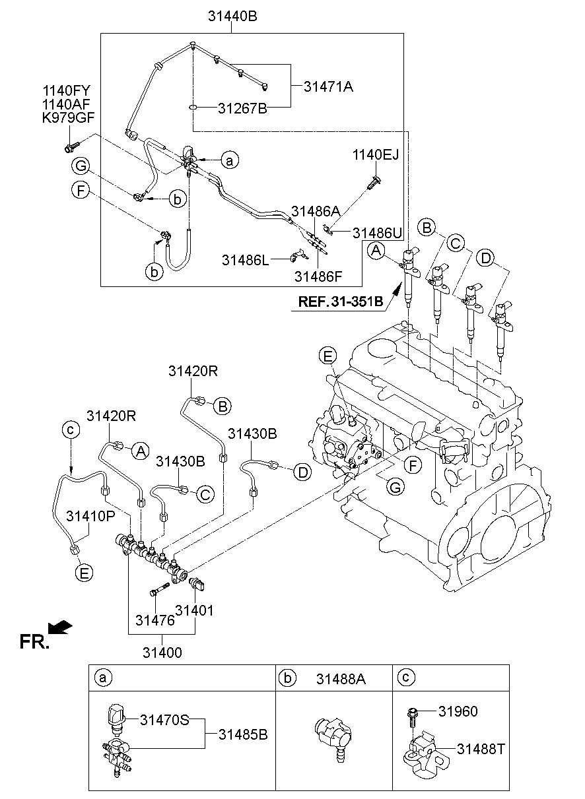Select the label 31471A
(x=328, y=86)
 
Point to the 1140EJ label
(x=375, y=156)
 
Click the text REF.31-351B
(x=341, y=302)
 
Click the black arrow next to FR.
(x=60, y=627)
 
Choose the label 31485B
(x=243, y=734)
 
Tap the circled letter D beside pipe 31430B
(x=302, y=472)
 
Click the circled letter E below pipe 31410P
(x=84, y=573)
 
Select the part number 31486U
(x=377, y=232)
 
